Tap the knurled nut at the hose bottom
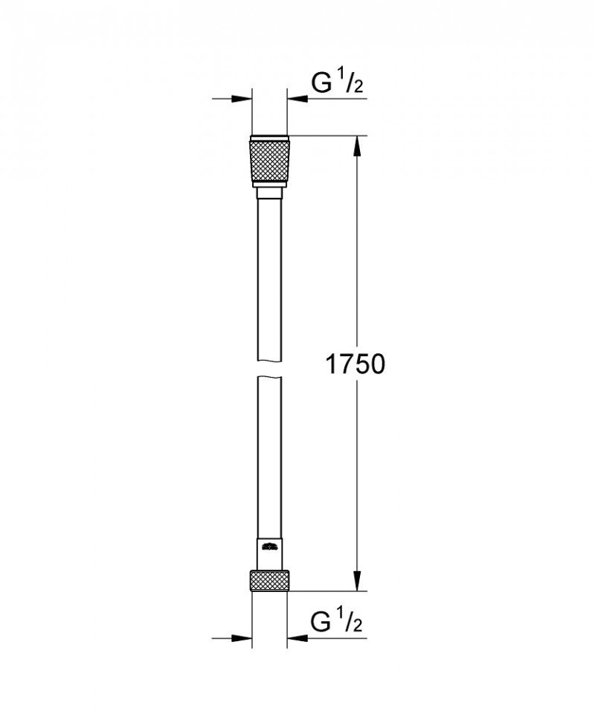tap(268, 580)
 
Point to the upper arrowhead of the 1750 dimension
tap(358, 146)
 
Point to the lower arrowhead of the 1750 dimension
tap(358, 581)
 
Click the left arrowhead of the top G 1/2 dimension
tap(241, 98)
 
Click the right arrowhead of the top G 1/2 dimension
tap(297, 98)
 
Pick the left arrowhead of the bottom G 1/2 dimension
tap(241, 637)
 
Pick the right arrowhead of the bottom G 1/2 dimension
tap(297, 637)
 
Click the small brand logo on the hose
tap(268, 547)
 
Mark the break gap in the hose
tap(268, 370)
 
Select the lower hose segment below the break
tap(268, 461)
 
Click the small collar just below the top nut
tap(268, 193)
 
